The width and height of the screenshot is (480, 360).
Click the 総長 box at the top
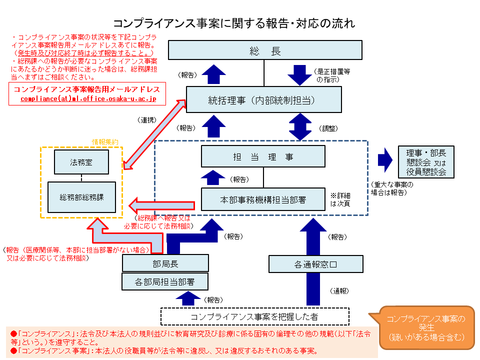264,51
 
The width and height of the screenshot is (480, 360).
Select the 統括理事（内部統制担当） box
263,99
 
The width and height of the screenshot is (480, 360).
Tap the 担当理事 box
263,156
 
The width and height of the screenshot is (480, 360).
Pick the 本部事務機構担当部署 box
263,199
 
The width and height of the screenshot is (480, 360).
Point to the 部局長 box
165,263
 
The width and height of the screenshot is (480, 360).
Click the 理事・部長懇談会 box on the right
426,162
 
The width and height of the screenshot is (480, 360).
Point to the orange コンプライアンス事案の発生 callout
426,327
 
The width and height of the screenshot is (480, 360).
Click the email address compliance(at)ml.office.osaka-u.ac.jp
88,99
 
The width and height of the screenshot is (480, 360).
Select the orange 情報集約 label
105,142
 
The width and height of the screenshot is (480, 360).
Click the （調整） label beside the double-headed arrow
329,128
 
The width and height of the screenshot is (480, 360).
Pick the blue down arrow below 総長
300,74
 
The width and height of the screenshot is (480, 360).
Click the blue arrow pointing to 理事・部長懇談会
385,158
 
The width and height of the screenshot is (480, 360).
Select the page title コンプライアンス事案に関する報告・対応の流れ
233,23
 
